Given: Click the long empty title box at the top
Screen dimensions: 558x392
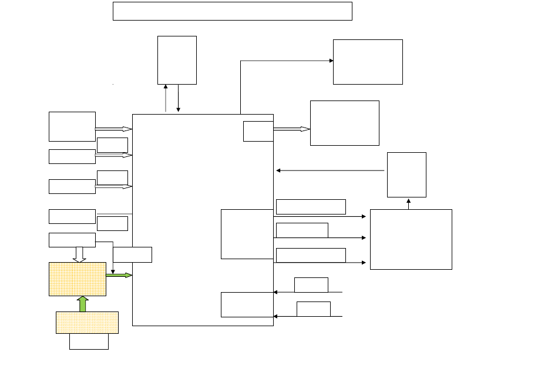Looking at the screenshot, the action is pos(232,11).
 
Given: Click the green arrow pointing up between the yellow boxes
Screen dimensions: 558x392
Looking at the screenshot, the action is pos(83,304).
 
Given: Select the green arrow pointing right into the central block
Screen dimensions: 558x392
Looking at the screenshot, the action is pos(119,275).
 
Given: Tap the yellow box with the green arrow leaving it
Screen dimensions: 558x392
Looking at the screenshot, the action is pos(77,279).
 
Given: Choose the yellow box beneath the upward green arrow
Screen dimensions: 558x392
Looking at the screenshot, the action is pos(87,323).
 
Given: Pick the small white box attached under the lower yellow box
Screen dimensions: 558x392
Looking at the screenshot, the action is pos(89,341).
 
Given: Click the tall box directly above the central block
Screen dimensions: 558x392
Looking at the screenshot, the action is pos(177,60).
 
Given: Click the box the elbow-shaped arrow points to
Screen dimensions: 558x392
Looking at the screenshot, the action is pos(368,62).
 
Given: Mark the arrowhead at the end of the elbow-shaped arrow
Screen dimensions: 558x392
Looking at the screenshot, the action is pos(331,61).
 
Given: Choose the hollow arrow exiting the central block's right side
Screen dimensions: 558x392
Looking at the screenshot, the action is pos(291,129).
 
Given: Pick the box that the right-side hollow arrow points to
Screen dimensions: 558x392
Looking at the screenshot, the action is pos(344,123).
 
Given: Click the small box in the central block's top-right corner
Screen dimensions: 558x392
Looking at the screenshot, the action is pos(258,131).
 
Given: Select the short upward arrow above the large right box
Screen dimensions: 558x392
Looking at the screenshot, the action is pos(409,203).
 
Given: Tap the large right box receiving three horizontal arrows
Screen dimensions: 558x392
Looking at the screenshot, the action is pos(411,239).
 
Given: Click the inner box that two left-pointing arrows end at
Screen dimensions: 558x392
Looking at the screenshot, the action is pos(247,304).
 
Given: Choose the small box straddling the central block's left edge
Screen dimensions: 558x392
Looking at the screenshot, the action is pos(132,254).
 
